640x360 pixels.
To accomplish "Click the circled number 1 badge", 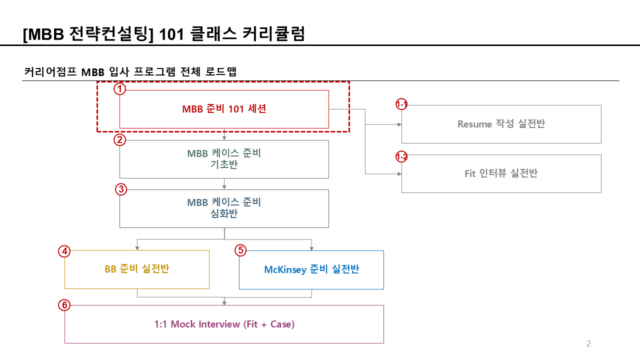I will pyautogui.click(x=120, y=89).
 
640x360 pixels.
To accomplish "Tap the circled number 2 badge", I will pyautogui.click(x=120, y=139).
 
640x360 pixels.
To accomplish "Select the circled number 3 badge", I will pyautogui.click(x=120, y=189).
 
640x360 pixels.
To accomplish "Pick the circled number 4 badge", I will pyautogui.click(x=64, y=251).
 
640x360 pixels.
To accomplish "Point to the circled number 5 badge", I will pyautogui.click(x=240, y=250).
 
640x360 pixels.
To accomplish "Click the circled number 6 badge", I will pyautogui.click(x=64, y=305).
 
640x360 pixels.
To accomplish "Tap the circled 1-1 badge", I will pyautogui.click(x=401, y=104).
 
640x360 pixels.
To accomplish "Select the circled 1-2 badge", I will pyautogui.click(x=401, y=157).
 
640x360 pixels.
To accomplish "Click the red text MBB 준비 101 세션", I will pyautogui.click(x=224, y=109).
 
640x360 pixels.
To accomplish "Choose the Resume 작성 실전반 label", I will pyautogui.click(x=501, y=124).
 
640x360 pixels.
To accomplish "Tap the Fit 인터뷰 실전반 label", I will pyautogui.click(x=501, y=173).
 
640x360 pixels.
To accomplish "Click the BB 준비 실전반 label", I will pyautogui.click(x=136, y=269).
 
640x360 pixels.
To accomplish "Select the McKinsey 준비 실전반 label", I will pyautogui.click(x=311, y=269).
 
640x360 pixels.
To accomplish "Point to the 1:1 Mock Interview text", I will pyautogui.click(x=224, y=324).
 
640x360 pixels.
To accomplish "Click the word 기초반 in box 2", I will pyautogui.click(x=224, y=164).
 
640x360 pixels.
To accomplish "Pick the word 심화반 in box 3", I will pyautogui.click(x=224, y=214).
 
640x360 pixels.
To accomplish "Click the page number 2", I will pyautogui.click(x=588, y=343).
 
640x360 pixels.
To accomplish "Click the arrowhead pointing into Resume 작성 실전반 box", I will pyautogui.click(x=399, y=124).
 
